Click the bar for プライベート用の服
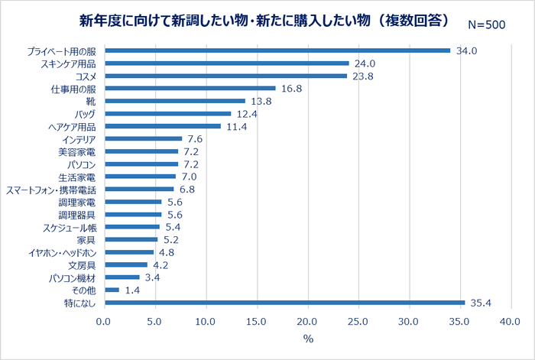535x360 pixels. coord(277,50)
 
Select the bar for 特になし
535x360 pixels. coord(284,303)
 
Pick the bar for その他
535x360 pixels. coord(112,290)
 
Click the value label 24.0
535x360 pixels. coord(363,63)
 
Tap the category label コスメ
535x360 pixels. coord(86,76)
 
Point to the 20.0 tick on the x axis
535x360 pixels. coord(307,323)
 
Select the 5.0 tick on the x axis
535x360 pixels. coord(155,323)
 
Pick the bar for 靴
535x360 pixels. coord(175,101)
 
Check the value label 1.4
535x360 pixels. coord(133,290)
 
